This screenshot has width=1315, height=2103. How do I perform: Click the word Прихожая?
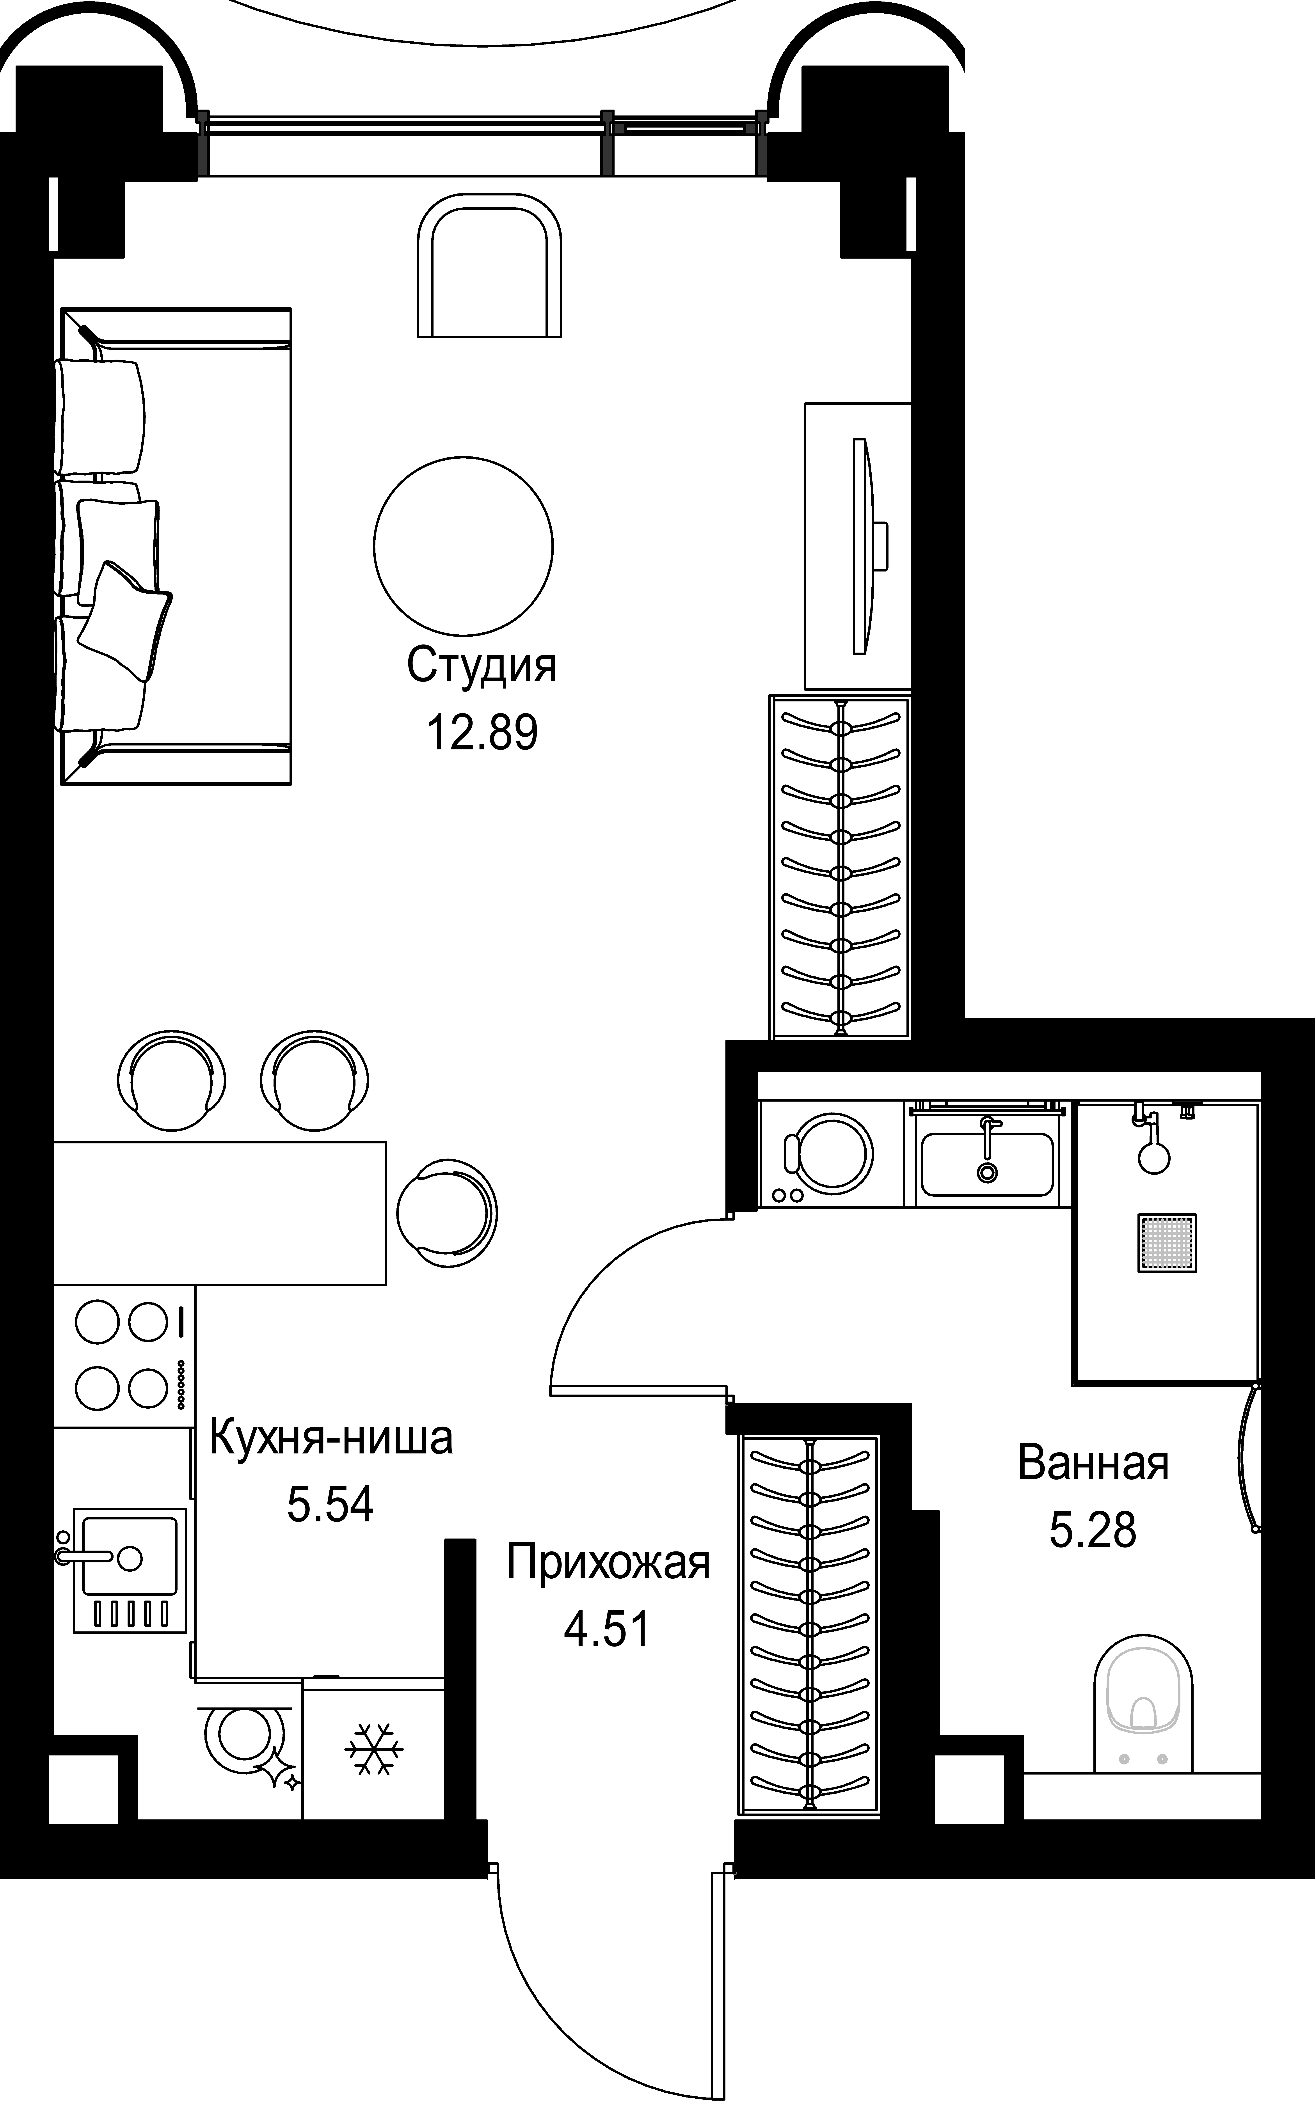pos(608,1562)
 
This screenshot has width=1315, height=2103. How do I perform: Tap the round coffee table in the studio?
pos(464,545)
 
